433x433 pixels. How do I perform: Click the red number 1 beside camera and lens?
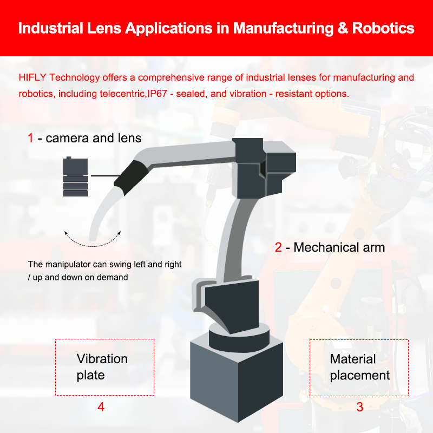31,138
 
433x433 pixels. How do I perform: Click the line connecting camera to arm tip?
105,175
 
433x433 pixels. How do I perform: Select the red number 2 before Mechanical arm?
278,248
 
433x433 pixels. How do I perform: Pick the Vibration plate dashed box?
105,367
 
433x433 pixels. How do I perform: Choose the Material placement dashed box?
358,367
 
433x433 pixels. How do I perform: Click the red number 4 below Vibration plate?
101,407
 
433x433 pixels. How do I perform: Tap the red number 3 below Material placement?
360,407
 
